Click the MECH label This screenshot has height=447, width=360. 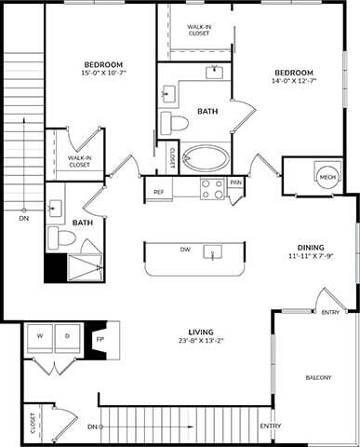[x=327, y=178]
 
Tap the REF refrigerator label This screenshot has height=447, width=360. [x=159, y=193]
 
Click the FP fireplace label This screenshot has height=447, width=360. [x=100, y=340]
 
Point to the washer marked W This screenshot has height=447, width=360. [x=41, y=334]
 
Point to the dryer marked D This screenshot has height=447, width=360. [x=67, y=334]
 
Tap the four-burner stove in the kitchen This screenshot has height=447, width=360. [x=212, y=189]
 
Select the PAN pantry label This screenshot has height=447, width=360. [x=236, y=183]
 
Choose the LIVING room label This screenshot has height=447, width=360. [x=201, y=332]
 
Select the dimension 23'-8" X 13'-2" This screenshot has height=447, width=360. [x=201, y=342]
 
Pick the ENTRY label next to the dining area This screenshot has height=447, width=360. [x=330, y=313]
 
